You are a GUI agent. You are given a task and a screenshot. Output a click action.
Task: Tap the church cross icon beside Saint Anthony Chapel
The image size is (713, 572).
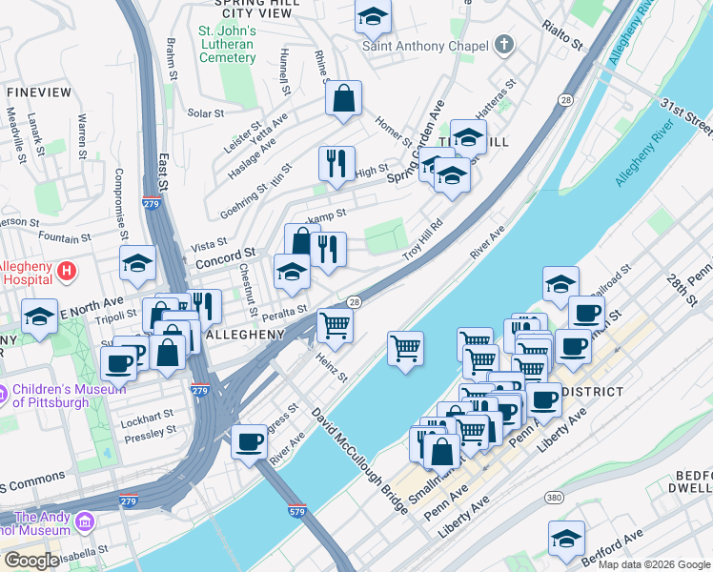503,45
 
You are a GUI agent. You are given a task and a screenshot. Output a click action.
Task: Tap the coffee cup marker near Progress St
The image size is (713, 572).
250,441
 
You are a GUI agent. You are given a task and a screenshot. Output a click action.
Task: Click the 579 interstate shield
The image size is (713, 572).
297,511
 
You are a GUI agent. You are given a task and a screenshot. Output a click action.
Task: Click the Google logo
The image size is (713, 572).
31,561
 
